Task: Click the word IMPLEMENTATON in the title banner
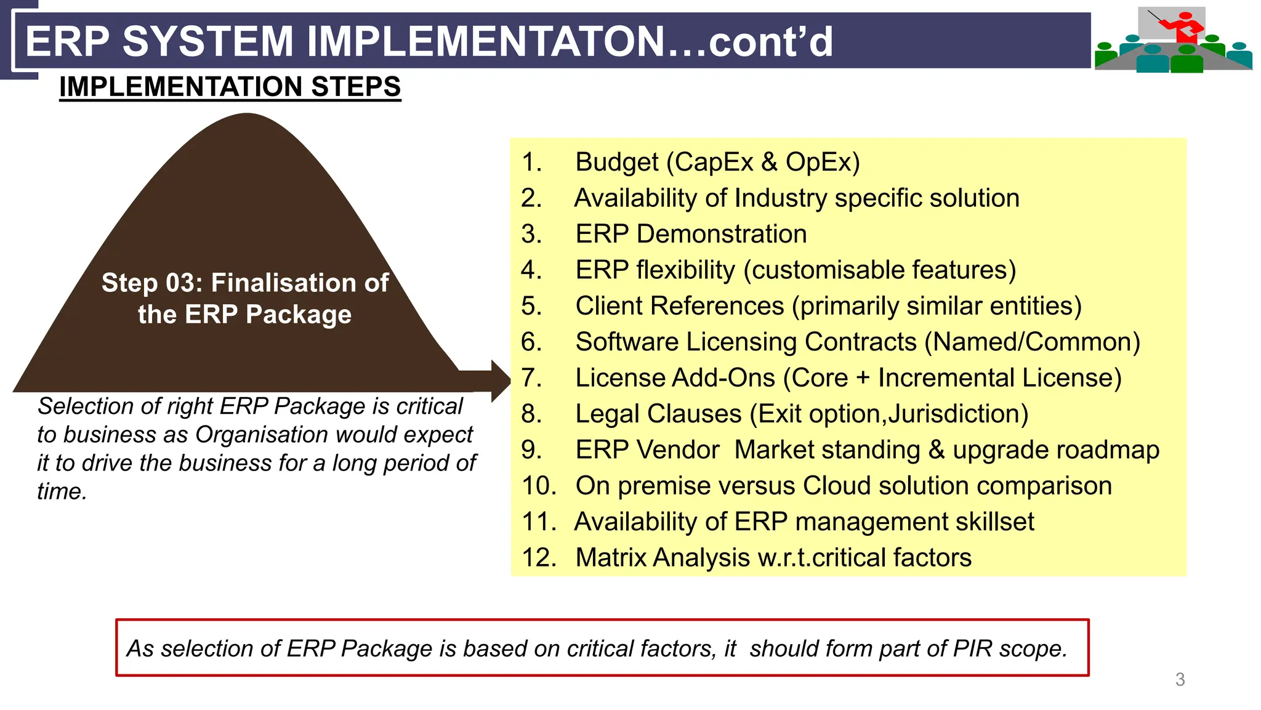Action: (x=486, y=41)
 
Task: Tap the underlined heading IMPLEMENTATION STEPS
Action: (x=230, y=87)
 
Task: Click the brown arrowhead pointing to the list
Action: (x=500, y=381)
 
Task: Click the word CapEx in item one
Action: (x=714, y=162)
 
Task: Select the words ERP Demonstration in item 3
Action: (x=691, y=234)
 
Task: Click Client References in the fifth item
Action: (x=680, y=306)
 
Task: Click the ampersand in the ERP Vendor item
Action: (x=936, y=450)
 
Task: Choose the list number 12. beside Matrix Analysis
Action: (x=539, y=558)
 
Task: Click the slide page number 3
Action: (x=1180, y=679)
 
